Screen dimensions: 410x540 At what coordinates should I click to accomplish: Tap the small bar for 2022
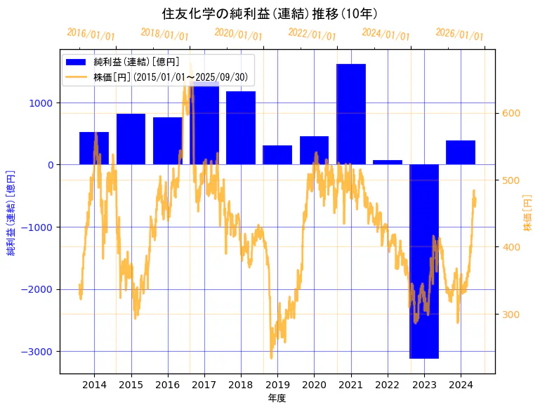click(x=388, y=162)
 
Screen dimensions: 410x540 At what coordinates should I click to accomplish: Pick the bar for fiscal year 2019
click(x=277, y=155)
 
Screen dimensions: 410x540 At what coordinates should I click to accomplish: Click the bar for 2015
click(x=131, y=139)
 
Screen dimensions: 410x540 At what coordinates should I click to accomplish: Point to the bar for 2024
click(x=461, y=152)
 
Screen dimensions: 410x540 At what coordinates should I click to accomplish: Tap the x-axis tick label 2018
click(x=240, y=385)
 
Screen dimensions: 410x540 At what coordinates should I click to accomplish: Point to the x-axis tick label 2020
click(x=314, y=385)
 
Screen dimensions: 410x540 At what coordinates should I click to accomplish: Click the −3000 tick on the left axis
click(x=39, y=352)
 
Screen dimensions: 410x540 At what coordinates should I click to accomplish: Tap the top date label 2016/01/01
click(x=91, y=34)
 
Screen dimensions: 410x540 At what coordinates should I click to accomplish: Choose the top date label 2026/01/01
click(x=459, y=34)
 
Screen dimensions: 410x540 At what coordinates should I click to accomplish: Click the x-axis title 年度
click(x=277, y=399)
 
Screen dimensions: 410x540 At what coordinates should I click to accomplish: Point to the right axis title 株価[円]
click(x=528, y=213)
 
